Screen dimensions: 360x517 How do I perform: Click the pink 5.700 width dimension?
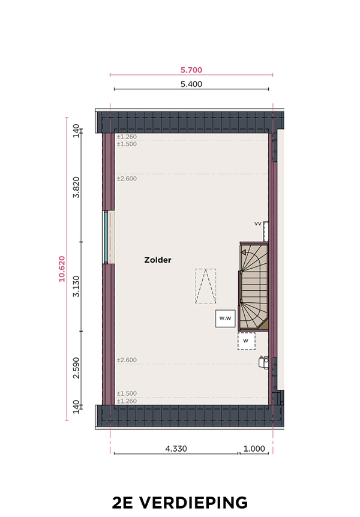point(191,70)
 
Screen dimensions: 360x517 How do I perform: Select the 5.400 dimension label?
point(191,84)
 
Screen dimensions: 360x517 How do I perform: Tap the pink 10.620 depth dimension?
point(62,269)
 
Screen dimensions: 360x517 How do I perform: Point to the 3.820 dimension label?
point(76,187)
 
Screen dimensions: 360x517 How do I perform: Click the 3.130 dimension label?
point(76,286)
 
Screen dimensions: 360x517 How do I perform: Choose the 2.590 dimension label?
point(76,368)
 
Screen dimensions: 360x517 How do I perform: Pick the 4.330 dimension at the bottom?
point(176,449)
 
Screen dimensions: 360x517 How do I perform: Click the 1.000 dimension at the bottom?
point(254,449)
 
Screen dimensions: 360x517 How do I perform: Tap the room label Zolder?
point(158,260)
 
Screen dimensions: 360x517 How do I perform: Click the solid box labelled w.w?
point(226,318)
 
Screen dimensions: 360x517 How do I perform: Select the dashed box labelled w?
point(247,341)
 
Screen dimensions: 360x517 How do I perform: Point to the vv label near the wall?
point(258,224)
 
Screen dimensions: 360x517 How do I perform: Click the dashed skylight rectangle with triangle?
point(206,286)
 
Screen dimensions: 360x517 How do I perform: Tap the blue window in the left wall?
point(106,237)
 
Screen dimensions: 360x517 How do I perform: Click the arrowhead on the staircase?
point(244,253)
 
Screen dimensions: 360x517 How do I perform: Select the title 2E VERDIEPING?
point(180,503)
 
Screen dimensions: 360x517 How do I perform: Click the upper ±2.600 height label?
point(127,178)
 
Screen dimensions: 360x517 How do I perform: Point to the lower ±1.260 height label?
point(127,401)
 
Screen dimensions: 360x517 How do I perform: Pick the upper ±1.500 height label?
point(127,144)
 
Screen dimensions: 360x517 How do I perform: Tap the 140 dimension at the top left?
point(76,131)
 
